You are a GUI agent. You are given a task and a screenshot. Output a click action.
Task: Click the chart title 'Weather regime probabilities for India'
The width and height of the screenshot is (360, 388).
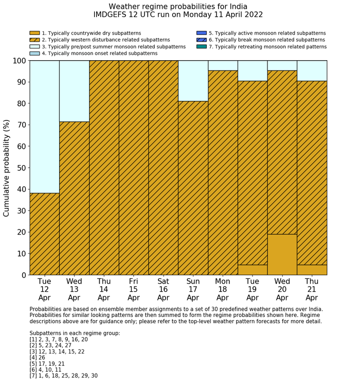point(178,6)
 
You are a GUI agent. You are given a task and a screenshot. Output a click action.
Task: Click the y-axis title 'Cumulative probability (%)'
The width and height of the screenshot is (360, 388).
point(7,168)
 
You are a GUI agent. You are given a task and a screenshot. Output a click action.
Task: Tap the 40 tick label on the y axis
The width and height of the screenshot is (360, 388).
point(20,189)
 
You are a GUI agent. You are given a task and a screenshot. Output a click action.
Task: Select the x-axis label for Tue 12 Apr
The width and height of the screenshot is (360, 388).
point(44,289)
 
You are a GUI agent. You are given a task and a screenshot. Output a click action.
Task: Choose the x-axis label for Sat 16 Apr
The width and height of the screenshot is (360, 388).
point(163,289)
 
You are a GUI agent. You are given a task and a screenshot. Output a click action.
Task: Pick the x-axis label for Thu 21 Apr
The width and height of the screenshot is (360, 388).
point(312,289)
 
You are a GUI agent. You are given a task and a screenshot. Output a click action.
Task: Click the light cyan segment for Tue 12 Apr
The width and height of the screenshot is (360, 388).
point(44,127)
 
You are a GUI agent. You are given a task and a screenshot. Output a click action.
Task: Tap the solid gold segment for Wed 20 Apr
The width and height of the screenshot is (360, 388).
point(282,254)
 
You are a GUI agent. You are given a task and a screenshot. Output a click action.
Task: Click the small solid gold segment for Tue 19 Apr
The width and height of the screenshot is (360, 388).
point(252,270)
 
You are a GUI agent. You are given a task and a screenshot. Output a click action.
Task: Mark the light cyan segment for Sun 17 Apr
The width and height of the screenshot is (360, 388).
point(193,81)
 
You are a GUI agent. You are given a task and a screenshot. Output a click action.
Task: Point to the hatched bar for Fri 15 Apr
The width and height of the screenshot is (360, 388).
point(133,168)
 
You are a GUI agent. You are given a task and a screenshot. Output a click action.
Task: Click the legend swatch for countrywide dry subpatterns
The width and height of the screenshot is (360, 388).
point(34,33)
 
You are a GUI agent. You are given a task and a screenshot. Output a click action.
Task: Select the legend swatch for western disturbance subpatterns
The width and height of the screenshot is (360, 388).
point(34,40)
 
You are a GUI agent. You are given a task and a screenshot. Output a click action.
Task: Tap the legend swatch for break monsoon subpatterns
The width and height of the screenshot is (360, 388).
point(202,40)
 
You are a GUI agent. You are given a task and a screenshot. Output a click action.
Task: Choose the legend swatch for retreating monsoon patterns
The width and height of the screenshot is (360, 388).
point(202,46)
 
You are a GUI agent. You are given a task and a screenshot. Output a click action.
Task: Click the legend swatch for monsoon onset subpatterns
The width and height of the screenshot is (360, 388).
point(34,53)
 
